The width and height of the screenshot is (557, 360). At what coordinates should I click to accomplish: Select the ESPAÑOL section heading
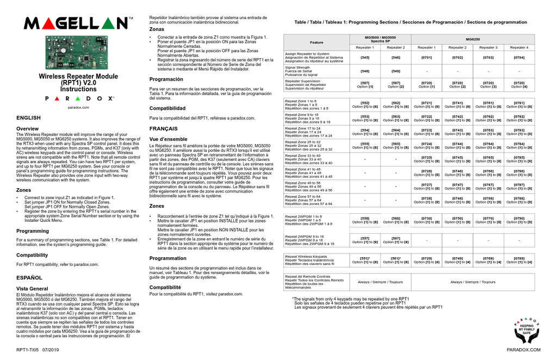coord(29,277)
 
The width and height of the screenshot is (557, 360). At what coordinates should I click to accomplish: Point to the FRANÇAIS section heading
coord(164,128)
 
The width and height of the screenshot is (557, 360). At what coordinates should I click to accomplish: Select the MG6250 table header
coord(473,39)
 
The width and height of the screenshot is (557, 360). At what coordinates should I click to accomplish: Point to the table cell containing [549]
coord(395,71)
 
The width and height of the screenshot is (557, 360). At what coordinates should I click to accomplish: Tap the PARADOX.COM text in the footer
coord(523,350)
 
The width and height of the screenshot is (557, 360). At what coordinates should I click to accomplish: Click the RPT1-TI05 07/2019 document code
coord(38,350)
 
